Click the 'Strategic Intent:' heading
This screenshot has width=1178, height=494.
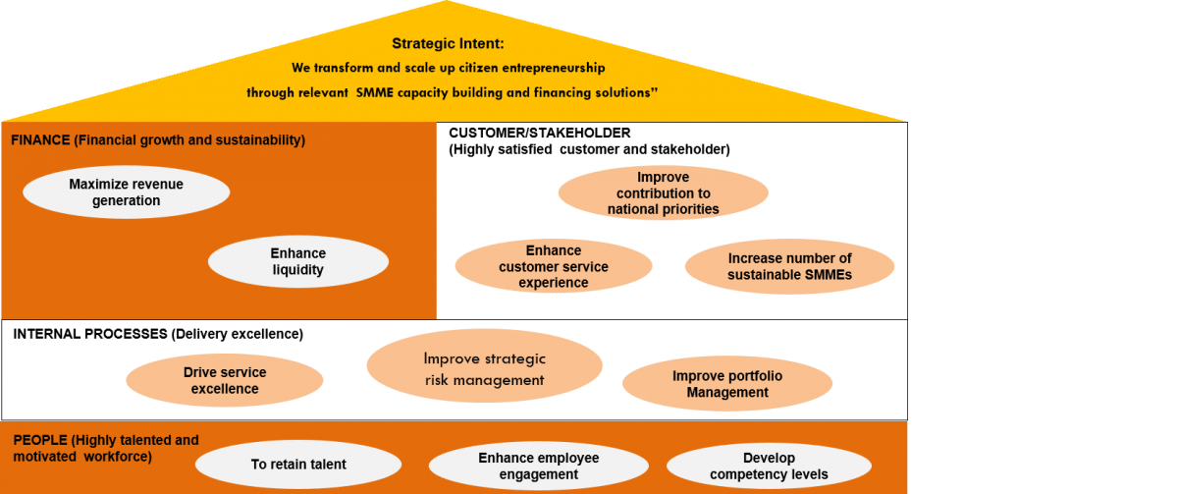coord(448,43)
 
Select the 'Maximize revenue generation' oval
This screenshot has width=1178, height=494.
coord(127,192)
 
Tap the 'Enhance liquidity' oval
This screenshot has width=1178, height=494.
coord(298,261)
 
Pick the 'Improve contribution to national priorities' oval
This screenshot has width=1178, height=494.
coord(664,193)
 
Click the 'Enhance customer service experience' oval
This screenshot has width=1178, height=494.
coord(554,266)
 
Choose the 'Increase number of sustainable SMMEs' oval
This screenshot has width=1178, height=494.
coord(789,266)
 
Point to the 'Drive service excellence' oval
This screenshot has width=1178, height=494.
coord(225,380)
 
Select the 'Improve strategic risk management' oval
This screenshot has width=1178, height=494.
coord(484,366)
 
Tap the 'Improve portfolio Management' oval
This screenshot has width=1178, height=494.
coord(727,384)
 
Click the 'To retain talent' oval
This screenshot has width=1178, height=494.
coord(298,465)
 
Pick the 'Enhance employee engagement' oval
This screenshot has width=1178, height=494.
coord(539,467)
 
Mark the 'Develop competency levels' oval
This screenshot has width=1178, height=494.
coord(769,467)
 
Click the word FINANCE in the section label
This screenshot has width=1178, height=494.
coord(40,139)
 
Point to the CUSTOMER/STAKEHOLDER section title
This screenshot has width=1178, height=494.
coord(540,133)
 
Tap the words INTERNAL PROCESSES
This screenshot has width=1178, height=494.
coord(90,334)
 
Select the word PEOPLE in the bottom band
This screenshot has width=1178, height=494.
coord(40,440)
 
